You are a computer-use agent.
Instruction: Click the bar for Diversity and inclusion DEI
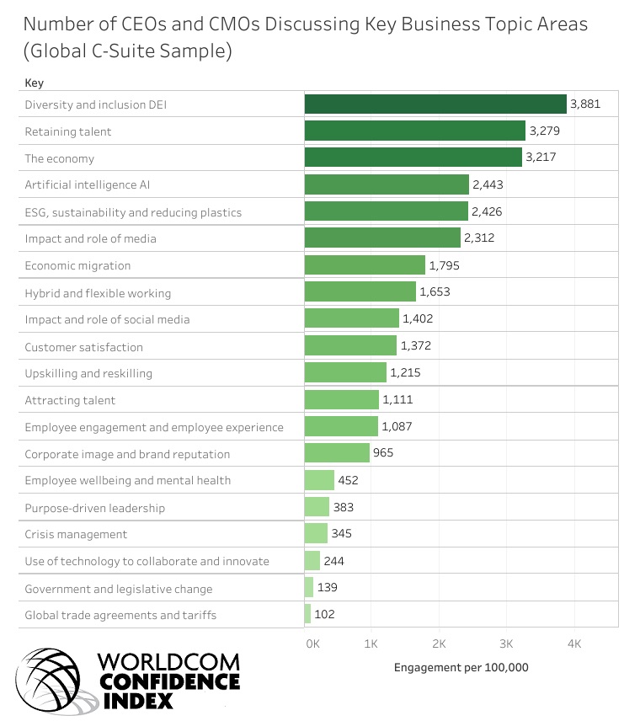[435, 104]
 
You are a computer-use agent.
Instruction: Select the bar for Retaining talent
[414, 131]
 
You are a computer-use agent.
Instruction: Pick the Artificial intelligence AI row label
[88, 184]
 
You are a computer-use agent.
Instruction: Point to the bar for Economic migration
[365, 265]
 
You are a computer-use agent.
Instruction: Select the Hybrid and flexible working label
[98, 293]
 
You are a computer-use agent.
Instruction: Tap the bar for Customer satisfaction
[350, 346]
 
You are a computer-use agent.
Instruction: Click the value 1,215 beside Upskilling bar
[408, 373]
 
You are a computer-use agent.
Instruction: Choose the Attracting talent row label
[70, 400]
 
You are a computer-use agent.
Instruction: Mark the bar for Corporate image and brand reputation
[337, 453]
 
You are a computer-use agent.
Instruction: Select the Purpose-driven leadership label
[94, 508]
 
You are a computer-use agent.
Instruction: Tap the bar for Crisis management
[316, 534]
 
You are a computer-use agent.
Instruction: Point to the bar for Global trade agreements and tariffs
[308, 615]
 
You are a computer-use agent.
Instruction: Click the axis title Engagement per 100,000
[461, 668]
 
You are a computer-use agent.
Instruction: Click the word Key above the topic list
[34, 83]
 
